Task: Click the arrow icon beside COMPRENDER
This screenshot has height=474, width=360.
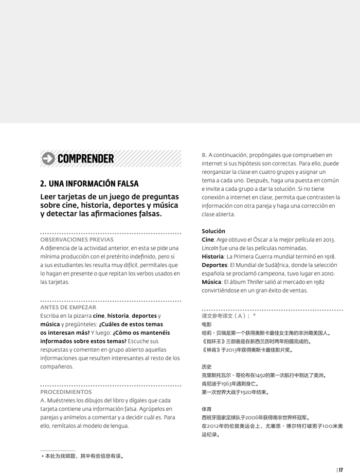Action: coord(48,158)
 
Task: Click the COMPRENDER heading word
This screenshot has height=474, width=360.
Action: coord(86,158)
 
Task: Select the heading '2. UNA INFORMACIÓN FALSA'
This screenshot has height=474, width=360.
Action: coord(89,184)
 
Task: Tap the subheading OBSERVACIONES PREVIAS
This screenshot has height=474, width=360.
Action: coord(77,240)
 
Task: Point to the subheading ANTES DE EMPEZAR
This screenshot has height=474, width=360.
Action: coord(68,307)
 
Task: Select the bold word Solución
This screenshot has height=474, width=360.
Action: coord(213,231)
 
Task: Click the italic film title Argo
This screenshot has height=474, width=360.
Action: coord(222,240)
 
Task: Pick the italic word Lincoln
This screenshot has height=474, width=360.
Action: coord(210,248)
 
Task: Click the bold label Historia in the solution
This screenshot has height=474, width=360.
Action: coord(212,257)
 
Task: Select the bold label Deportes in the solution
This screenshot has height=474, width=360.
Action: coord(214,265)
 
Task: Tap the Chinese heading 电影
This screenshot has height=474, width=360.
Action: coord(207,324)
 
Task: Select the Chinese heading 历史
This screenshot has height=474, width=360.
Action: coord(207,367)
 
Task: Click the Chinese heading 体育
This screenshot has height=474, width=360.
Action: coord(207,409)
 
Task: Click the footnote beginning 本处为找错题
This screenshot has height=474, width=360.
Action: coord(82,455)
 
